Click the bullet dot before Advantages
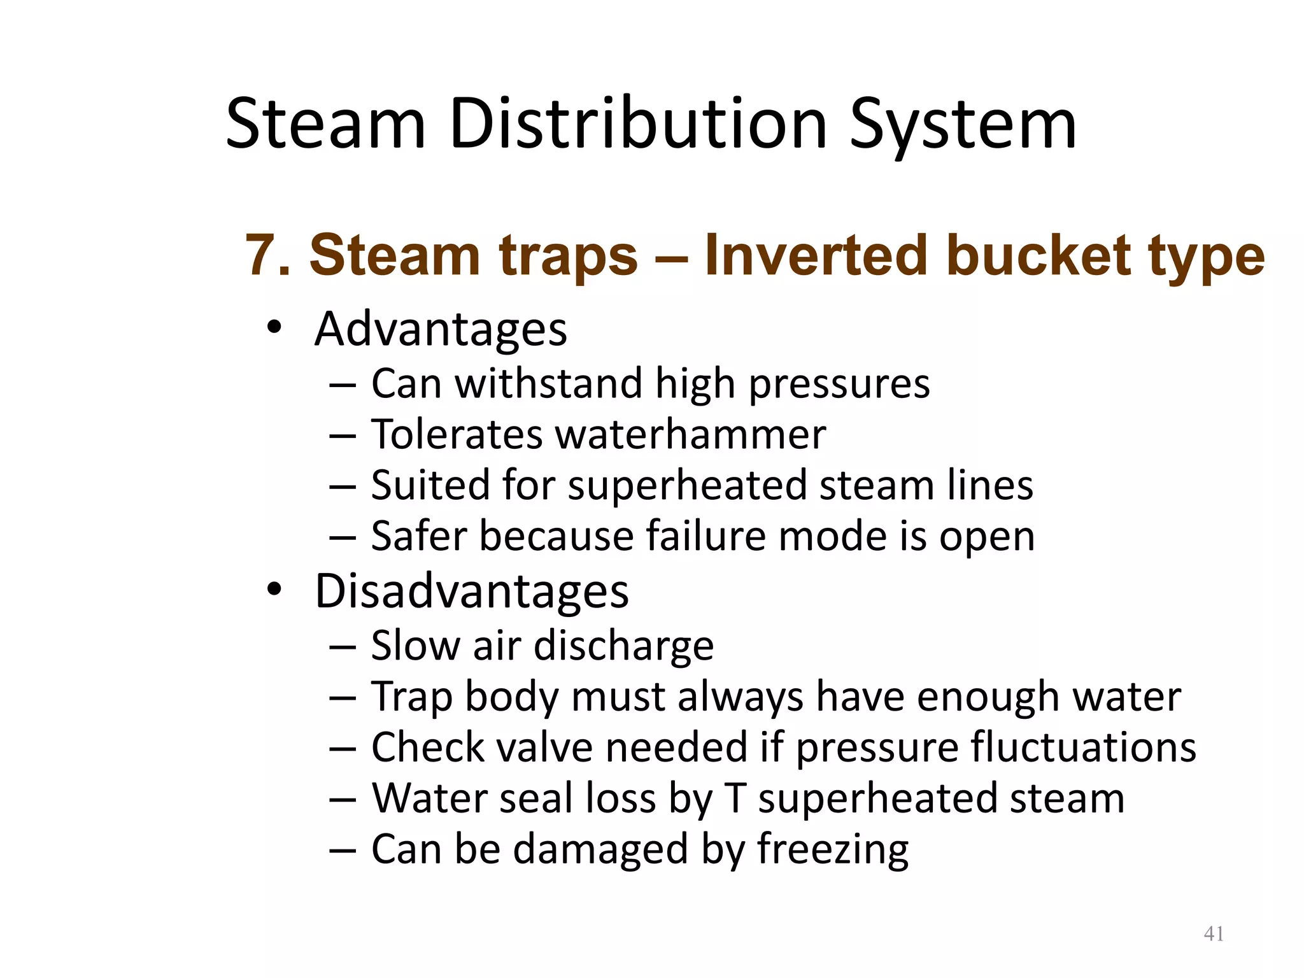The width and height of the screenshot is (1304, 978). pyautogui.click(x=274, y=328)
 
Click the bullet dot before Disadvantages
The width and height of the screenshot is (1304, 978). pyautogui.click(x=274, y=590)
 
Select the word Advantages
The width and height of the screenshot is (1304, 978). pyautogui.click(x=441, y=330)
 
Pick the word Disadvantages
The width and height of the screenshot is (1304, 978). pyautogui.click(x=472, y=592)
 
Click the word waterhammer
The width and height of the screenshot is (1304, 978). pyautogui.click(x=690, y=434)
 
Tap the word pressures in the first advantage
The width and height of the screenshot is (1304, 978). pyautogui.click(x=839, y=385)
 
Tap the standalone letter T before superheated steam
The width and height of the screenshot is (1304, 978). pyautogui.click(x=735, y=798)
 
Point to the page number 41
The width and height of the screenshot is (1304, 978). pyautogui.click(x=1214, y=933)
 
